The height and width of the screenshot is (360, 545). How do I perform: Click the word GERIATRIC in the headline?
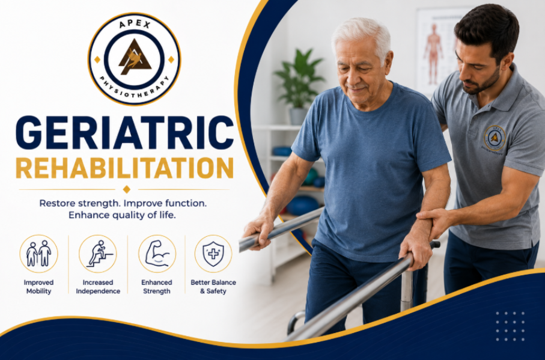(x=124, y=133)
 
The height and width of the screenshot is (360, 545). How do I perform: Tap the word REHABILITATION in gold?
(x=124, y=168)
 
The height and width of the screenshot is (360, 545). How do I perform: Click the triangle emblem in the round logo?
(x=135, y=56)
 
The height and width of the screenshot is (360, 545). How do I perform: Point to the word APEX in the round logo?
(x=135, y=24)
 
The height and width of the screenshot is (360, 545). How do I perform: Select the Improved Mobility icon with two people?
(x=38, y=253)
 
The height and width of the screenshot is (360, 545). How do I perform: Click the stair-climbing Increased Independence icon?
(x=98, y=253)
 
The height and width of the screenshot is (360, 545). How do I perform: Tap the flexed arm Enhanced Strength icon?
(x=157, y=253)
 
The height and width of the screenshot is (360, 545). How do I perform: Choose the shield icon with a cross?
(x=213, y=253)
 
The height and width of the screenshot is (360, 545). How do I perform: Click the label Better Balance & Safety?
(x=213, y=287)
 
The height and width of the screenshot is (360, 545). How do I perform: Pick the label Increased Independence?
(x=98, y=287)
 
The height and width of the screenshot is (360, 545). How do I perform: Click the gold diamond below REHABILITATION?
(x=127, y=189)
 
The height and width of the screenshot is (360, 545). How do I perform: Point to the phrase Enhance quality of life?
(x=122, y=215)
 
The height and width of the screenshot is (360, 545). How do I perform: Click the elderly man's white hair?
(x=362, y=37)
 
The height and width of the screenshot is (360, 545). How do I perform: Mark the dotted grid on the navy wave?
(x=510, y=326)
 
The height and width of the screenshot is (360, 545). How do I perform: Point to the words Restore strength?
(x=79, y=203)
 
